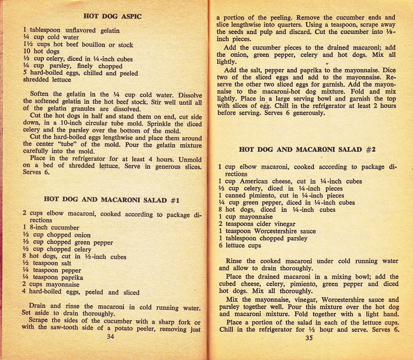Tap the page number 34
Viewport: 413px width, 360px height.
[x=109, y=337]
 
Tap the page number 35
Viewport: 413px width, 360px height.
[x=309, y=338]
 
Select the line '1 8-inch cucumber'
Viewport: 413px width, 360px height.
[x=51, y=227]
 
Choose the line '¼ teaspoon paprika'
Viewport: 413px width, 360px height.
[x=54, y=277]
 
